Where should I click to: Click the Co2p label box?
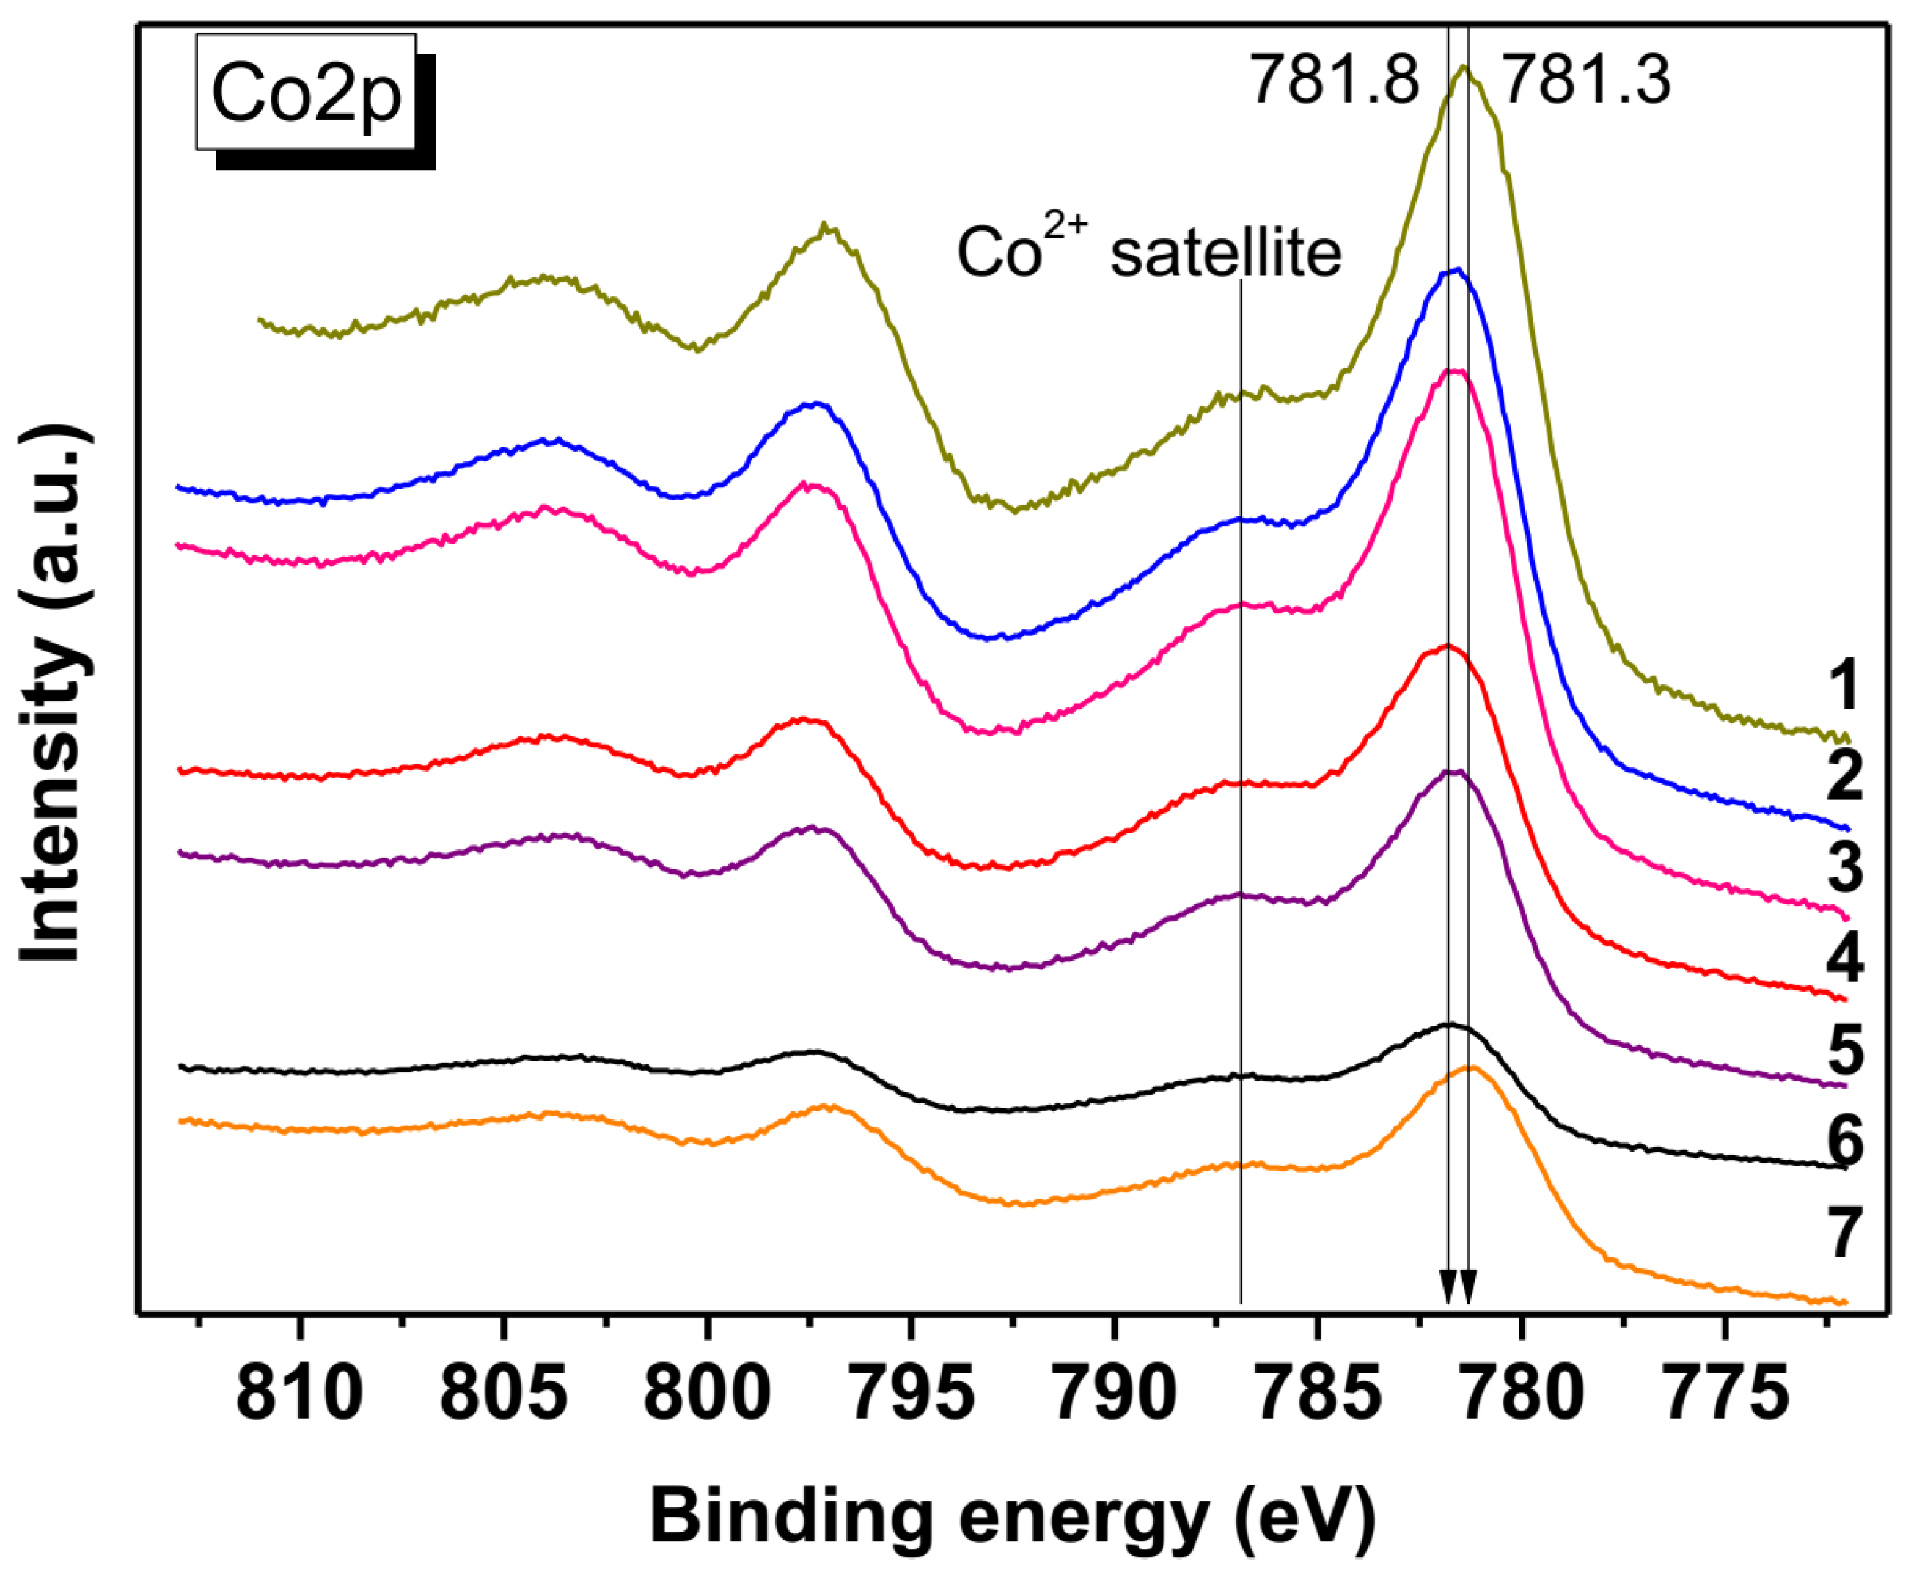click(x=306, y=92)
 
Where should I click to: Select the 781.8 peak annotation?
click(x=1335, y=81)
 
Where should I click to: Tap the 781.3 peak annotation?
click(x=1586, y=81)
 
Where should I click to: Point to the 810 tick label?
click(x=300, y=1395)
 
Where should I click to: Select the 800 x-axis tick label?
click(x=707, y=1395)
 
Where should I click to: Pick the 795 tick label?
click(x=912, y=1395)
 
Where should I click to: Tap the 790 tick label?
click(x=1115, y=1395)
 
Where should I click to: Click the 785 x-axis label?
click(x=1319, y=1395)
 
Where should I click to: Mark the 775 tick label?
click(x=1726, y=1395)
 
